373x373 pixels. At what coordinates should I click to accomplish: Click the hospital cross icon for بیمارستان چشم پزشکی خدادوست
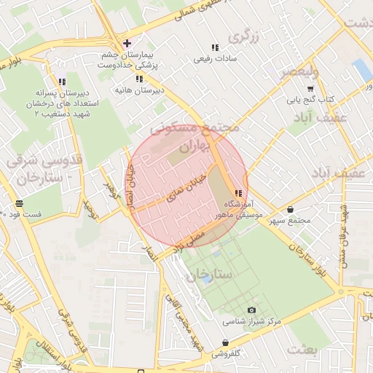click(127, 44)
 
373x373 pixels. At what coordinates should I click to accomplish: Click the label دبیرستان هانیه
click(138, 90)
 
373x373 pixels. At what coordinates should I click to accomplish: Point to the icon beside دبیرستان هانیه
click(138, 79)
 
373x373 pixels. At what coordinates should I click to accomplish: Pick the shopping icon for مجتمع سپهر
click(291, 210)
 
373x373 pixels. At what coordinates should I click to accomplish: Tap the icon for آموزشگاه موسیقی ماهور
click(238, 194)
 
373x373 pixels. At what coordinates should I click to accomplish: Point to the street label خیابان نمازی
click(186, 187)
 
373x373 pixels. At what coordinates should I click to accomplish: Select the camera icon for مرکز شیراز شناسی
click(252, 310)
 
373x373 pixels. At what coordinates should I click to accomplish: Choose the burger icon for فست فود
click(18, 203)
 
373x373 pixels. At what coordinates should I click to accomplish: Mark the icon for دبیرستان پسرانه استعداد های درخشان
click(62, 82)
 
